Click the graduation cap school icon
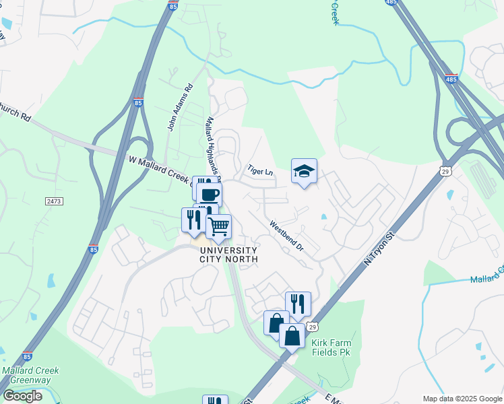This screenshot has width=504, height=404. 304,172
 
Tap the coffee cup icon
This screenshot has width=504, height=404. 210,195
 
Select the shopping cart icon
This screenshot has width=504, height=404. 218,227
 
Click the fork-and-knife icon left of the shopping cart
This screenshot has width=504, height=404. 194,219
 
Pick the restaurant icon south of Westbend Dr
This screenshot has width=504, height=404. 297,304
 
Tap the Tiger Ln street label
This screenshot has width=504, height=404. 259,171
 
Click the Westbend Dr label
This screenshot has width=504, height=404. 287,237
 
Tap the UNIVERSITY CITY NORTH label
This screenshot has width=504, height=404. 229,255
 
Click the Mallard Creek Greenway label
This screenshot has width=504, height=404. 30,375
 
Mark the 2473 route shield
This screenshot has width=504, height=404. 55,201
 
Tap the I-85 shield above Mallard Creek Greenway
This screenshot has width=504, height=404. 28,356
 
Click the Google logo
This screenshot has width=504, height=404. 22,396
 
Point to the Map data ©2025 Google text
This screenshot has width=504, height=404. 462,399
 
